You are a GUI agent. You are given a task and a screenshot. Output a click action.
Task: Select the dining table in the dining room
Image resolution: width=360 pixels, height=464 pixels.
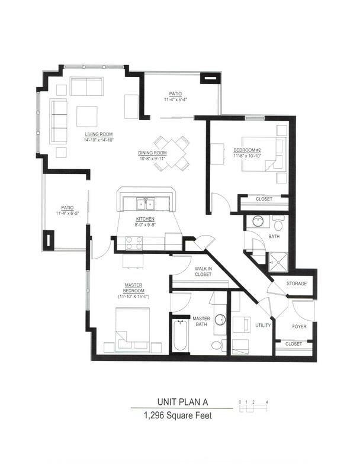point(172,153)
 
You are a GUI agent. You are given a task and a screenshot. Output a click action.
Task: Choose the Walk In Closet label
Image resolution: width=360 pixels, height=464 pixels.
point(203,271)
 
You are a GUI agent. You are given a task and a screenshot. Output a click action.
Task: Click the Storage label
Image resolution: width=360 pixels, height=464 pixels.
point(297,283)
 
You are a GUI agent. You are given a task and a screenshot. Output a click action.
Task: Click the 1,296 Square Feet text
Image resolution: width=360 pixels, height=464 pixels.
point(178,415)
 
